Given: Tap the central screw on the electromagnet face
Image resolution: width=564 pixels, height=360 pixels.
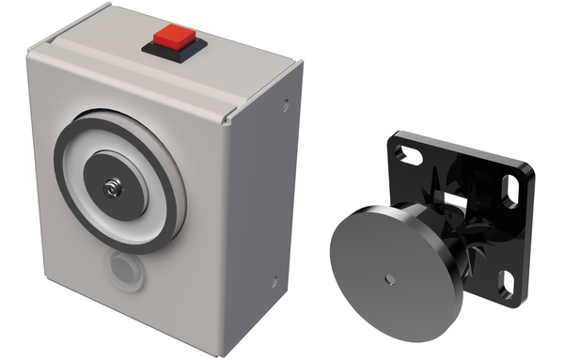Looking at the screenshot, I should (x=114, y=186).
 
